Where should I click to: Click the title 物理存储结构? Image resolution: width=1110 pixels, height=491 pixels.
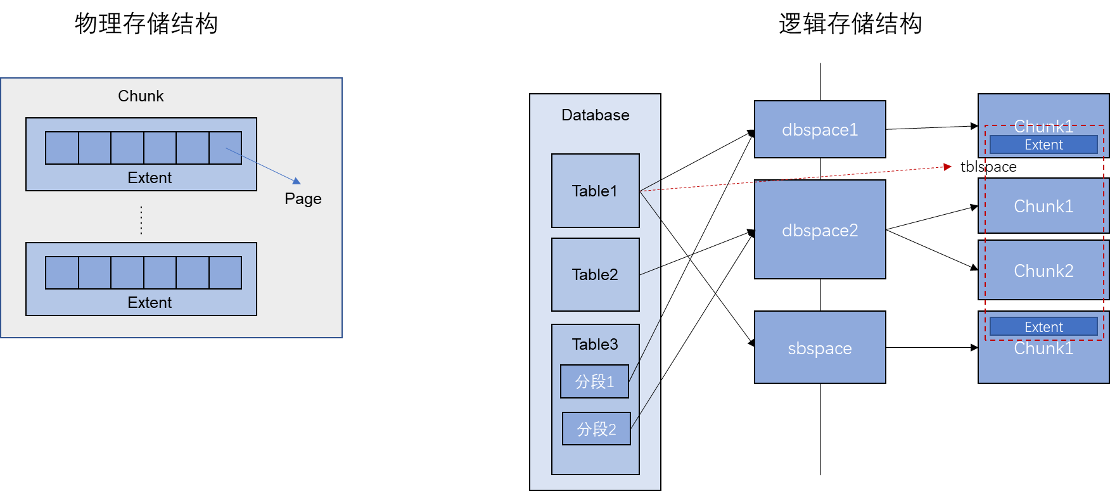pos(146,24)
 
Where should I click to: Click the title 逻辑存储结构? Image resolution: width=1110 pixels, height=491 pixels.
pos(850,24)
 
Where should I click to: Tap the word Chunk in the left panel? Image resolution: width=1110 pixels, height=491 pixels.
pos(141,96)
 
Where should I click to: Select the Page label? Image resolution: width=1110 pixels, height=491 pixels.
pos(303,199)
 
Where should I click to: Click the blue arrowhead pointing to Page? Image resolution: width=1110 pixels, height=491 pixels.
pos(297,181)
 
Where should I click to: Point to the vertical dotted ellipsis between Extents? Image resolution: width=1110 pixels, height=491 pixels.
pos(141,220)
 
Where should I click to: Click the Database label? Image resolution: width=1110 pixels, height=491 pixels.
pos(595,115)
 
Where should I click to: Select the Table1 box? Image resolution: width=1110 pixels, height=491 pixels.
pos(595,191)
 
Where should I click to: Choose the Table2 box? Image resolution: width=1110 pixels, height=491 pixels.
pos(595,274)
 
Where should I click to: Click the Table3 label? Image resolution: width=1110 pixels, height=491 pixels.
pos(595,344)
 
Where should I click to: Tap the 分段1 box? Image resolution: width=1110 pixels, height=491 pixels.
pos(594,381)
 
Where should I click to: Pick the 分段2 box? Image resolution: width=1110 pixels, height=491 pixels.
pos(596,429)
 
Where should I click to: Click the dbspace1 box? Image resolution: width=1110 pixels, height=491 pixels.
pos(820,129)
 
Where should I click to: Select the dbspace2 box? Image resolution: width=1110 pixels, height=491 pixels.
pos(820,229)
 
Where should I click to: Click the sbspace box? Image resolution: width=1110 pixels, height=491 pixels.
pos(820,347)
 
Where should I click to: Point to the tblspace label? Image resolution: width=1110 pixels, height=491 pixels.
pos(988,167)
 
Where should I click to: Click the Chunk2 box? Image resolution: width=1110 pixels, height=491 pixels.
pos(1043,271)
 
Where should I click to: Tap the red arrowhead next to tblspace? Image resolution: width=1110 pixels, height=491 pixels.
pos(947,167)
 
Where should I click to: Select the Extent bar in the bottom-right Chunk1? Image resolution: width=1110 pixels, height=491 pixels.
pos(1043,327)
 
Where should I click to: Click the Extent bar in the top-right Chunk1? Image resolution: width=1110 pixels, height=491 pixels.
pos(1043,144)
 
